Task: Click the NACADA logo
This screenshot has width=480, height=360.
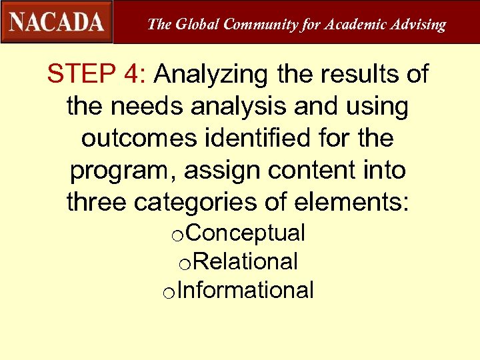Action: [57, 21]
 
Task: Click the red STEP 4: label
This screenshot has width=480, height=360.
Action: [97, 74]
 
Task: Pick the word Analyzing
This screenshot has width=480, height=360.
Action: [211, 74]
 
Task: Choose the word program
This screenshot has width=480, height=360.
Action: [123, 170]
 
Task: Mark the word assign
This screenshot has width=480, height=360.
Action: [223, 170]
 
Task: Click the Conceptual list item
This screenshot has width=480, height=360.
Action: [250, 233]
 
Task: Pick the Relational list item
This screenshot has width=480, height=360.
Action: [247, 262]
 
